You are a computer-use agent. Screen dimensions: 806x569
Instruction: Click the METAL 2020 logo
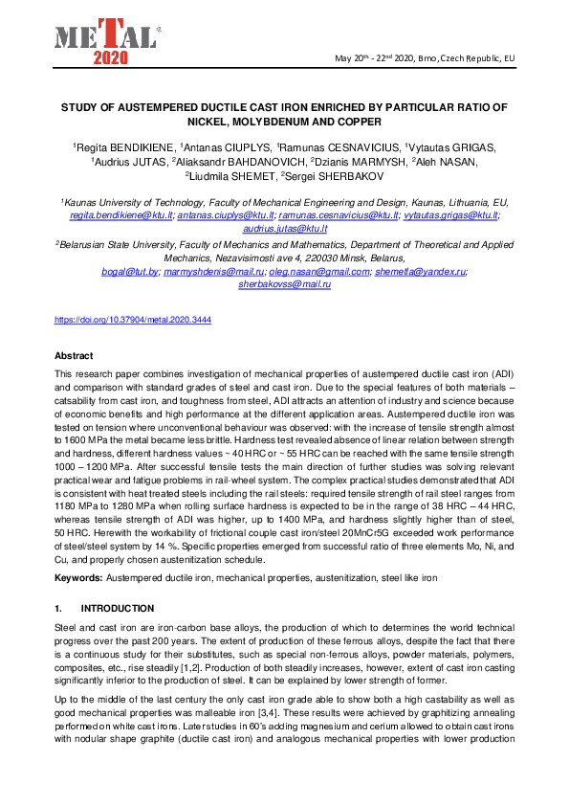click(105, 41)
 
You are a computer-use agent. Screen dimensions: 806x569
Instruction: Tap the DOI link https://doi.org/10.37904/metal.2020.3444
click(133, 320)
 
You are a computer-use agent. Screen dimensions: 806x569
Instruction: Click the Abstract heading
click(74, 355)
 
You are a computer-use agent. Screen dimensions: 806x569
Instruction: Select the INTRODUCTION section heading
click(117, 608)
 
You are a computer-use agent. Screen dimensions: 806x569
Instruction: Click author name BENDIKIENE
click(135, 147)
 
